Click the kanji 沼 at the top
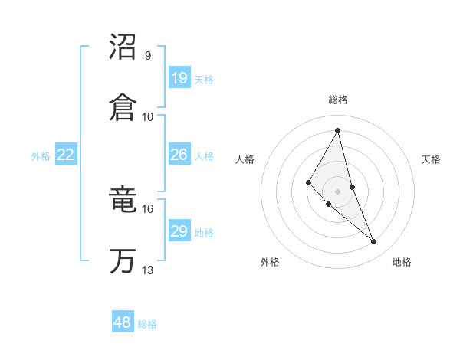(124, 47)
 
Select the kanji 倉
(124, 107)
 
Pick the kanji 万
(124, 260)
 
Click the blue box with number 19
(179, 78)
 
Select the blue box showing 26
(179, 155)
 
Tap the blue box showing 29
(179, 231)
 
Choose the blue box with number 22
(66, 155)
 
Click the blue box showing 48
(123, 322)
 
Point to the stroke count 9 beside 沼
(147, 56)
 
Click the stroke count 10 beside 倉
(148, 117)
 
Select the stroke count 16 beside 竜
(148, 208)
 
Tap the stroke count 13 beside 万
(148, 270)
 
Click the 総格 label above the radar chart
(338, 100)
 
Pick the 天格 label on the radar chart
(432, 159)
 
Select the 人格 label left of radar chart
(245, 159)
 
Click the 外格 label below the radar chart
(270, 262)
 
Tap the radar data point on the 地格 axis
(374, 242)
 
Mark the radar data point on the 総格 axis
(338, 130)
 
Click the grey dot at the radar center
(338, 191)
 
